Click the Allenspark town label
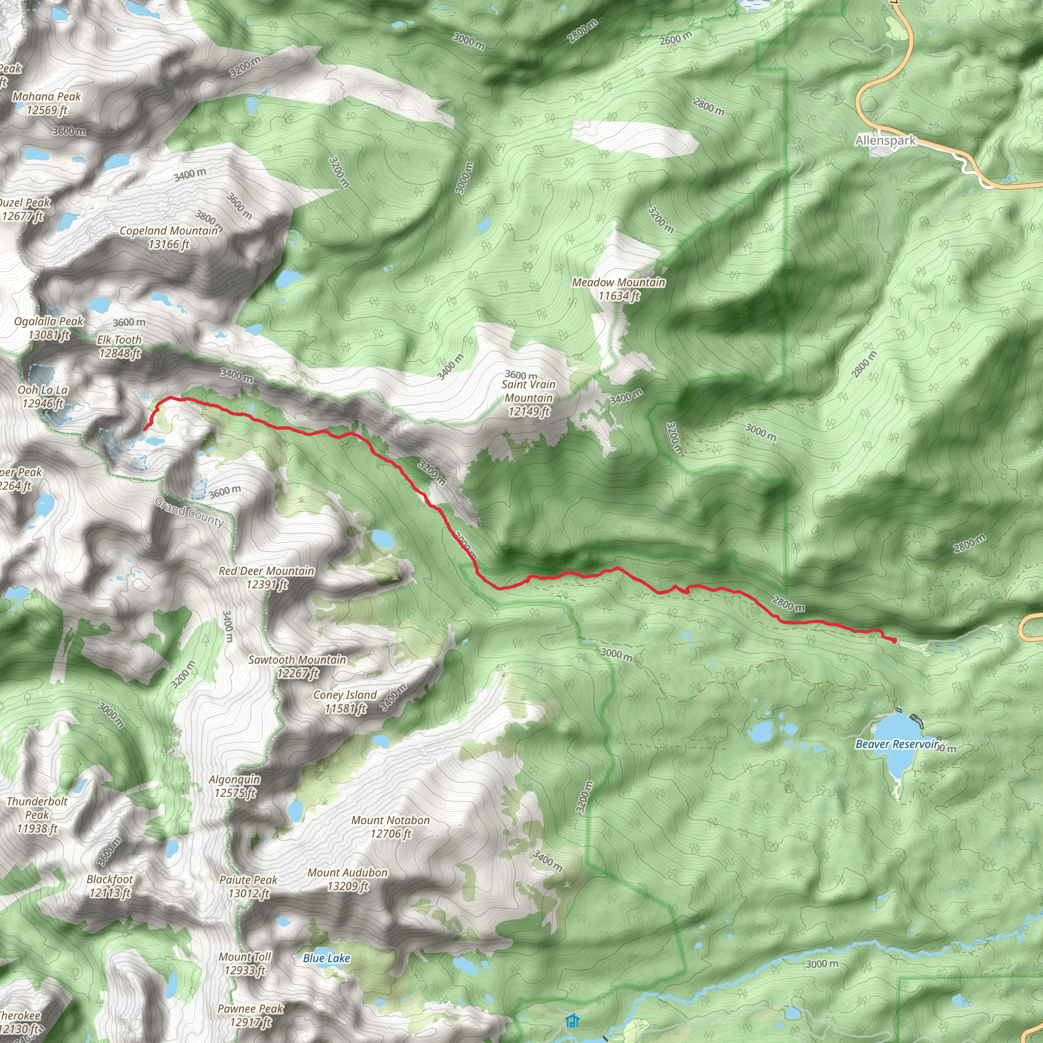(885, 141)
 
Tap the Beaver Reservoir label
(897, 744)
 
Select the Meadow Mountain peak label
(619, 289)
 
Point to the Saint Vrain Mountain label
(529, 398)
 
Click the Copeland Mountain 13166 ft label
(169, 237)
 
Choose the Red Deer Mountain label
(266, 578)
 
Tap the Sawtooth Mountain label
(297, 666)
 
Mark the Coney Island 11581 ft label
(345, 702)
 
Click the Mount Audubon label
(348, 879)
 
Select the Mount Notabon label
(390, 827)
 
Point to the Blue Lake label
(326, 958)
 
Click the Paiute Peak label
(249, 887)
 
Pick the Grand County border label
(189, 512)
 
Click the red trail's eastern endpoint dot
(894, 641)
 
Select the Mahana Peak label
(47, 103)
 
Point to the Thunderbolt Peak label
(37, 815)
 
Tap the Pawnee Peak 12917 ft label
(250, 1015)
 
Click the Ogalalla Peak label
(48, 327)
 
